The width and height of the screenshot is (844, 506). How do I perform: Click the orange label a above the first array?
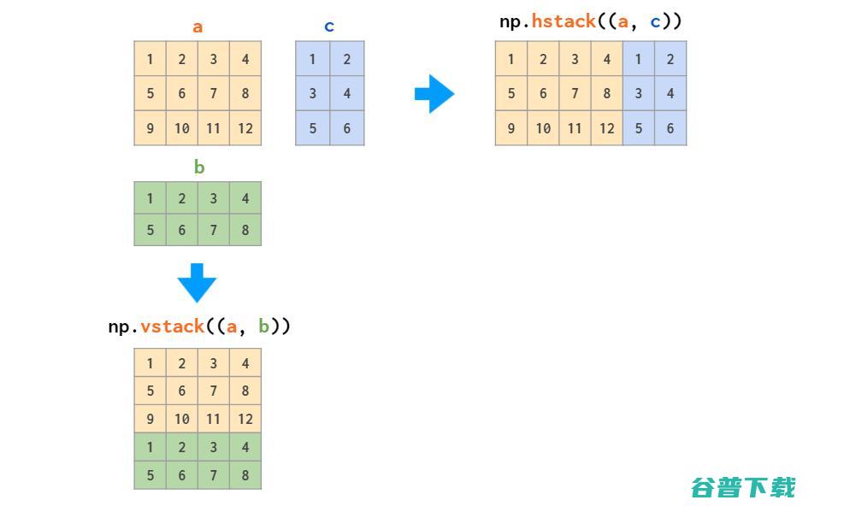pos(198,26)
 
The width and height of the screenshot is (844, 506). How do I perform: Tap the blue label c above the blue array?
pos(329,26)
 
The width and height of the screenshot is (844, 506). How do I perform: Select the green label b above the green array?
pos(199,167)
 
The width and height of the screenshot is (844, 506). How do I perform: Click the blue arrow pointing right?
pos(434,94)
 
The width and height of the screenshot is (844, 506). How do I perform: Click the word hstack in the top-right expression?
pos(564,21)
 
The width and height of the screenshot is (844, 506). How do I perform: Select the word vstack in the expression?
pos(172,327)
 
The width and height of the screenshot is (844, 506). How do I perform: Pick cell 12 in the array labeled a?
pos(245,128)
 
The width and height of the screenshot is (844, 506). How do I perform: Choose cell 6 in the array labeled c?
pos(347,128)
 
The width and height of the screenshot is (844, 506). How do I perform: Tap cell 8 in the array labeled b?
pos(245,230)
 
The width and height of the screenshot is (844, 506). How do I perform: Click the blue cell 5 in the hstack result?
pos(639,128)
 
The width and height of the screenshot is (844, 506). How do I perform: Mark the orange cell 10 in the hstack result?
pos(543,128)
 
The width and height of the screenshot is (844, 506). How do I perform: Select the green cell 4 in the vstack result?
pos(245,447)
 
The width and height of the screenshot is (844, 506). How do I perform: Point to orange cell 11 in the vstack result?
pos(214,419)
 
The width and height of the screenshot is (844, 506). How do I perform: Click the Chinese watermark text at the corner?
pos(743,488)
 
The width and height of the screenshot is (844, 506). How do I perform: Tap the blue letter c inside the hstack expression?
pos(655,22)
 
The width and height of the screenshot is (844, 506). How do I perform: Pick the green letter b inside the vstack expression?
pos(263,327)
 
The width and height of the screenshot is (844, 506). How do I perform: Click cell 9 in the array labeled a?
pos(151,128)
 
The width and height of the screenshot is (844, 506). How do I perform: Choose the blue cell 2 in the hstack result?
pos(670,59)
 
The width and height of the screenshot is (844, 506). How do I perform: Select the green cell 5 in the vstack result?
pos(151,474)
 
